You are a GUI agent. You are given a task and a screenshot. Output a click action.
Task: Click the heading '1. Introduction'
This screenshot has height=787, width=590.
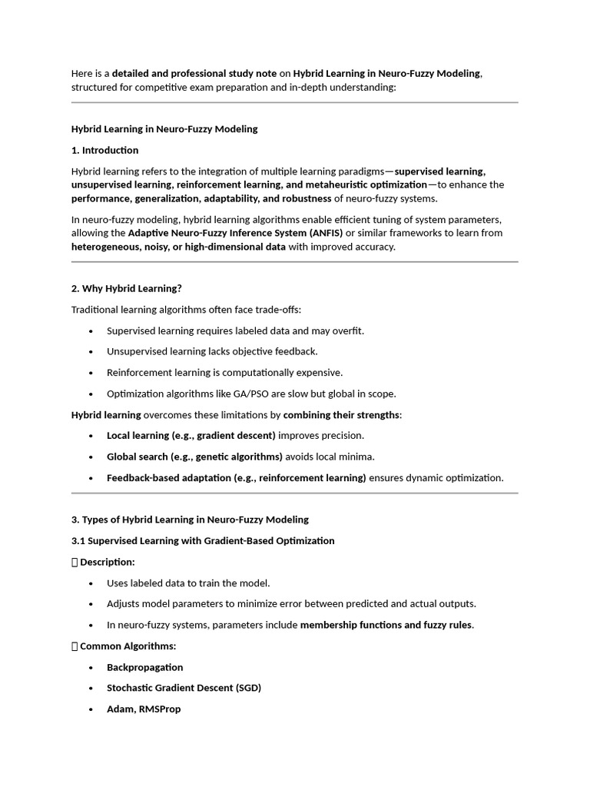pos(104,150)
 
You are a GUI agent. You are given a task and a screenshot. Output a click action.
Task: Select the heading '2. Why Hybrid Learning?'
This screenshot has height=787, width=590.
pos(126,288)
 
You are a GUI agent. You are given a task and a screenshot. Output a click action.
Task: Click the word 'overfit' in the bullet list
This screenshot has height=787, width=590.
pos(347,330)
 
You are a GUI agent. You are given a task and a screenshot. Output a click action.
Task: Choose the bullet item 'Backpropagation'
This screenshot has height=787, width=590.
pos(144,667)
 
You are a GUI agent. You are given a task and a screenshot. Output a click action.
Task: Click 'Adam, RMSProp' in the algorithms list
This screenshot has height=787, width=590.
pos(144,709)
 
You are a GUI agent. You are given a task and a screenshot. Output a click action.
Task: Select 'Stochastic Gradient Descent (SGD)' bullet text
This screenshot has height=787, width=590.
pos(184,688)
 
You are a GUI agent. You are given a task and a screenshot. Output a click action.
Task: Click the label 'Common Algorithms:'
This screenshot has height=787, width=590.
pos(128,646)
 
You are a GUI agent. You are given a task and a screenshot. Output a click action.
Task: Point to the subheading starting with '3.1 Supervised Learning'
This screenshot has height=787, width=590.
pos(203,540)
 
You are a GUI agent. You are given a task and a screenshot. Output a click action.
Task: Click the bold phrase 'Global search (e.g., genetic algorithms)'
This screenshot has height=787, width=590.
pos(194,457)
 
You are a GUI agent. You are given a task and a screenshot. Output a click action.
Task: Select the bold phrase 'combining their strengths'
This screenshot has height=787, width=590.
pos(341,415)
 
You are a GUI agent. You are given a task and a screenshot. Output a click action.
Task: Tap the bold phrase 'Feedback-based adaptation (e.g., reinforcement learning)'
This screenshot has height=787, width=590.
pos(236,477)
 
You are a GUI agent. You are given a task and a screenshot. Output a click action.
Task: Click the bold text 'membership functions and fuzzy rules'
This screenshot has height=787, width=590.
pos(386,625)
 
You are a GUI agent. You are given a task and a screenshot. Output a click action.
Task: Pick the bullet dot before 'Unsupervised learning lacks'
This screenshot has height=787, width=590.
pos(91,352)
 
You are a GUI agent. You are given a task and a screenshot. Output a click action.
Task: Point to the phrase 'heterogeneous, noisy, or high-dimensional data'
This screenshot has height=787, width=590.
pos(178,247)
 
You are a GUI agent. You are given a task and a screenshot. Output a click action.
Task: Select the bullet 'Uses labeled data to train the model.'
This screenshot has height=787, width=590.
pos(188,583)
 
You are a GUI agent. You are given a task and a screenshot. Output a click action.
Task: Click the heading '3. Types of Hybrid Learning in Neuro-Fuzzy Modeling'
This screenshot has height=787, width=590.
pos(190,520)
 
